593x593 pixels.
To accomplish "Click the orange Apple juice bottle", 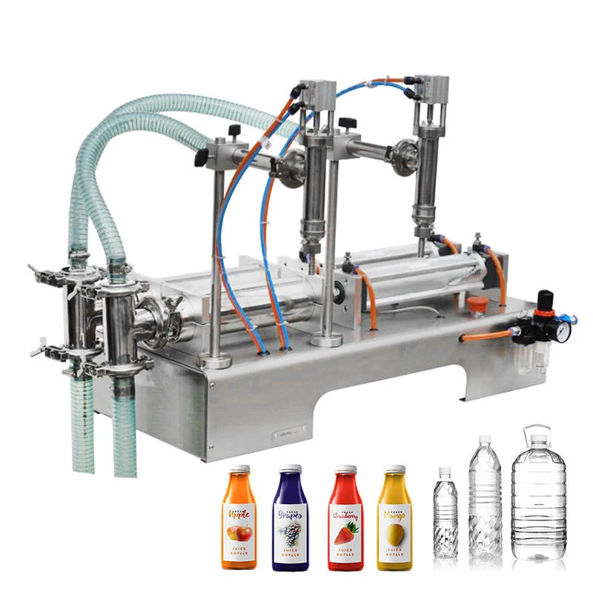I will pos(239,519).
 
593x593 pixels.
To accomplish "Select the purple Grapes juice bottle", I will pos(291,519).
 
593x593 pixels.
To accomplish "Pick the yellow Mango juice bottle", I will pos(394,519).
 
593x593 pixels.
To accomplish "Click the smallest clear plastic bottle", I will pos(445,519).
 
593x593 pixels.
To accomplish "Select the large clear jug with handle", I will pos(538,497).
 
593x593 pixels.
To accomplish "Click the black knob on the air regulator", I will pos(547,298).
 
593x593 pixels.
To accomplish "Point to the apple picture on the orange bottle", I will pos(239,532).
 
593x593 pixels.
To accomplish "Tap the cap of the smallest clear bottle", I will pos(445,471).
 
